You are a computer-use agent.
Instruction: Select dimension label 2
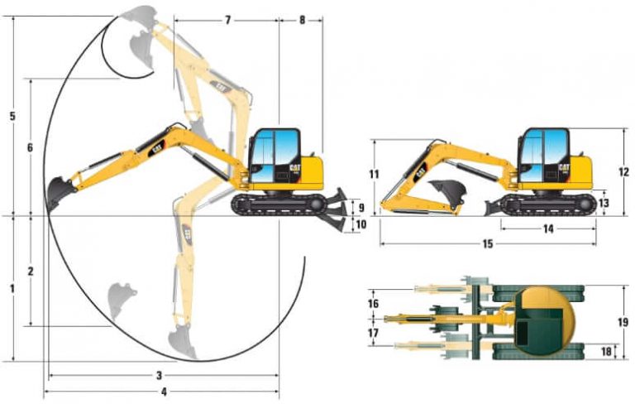30,271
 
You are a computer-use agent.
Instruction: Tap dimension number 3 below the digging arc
160,375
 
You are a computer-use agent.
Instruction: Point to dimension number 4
164,391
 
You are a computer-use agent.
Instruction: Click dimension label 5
12,116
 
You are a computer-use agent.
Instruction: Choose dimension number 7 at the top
227,19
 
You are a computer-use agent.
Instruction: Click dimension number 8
301,19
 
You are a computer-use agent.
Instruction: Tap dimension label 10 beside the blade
360,224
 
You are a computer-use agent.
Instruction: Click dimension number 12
624,172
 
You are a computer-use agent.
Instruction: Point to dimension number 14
548,229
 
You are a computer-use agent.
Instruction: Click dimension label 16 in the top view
374,304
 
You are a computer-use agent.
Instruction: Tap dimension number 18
606,351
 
